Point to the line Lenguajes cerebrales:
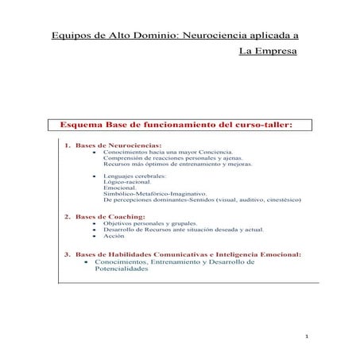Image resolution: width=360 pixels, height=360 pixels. coord(130,175)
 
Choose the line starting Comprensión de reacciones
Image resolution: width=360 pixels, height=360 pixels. coord(165,159)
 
